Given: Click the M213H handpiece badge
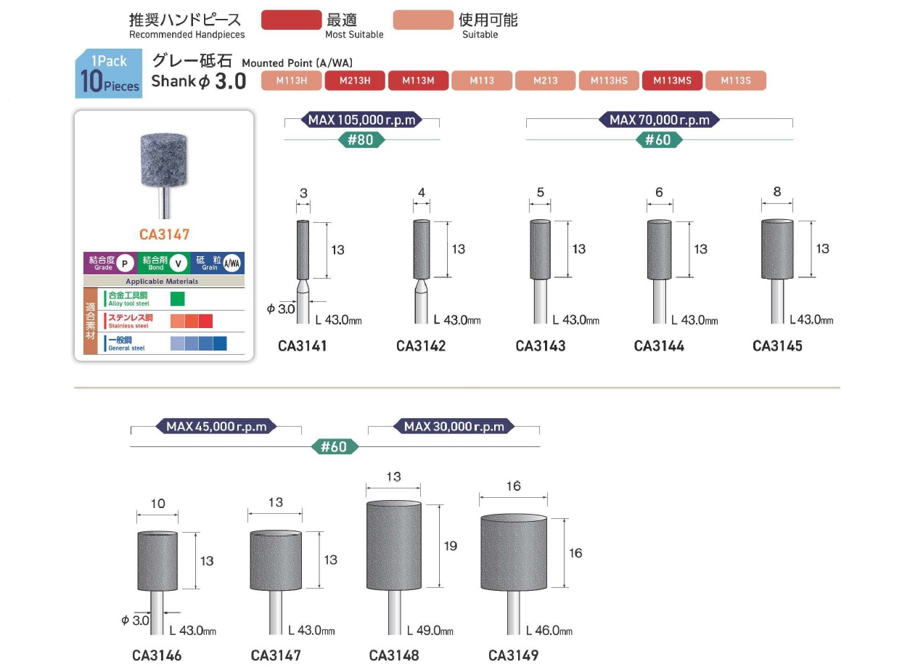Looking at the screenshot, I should pyautogui.click(x=355, y=81).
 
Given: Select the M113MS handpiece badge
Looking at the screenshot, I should pyautogui.click(x=672, y=81).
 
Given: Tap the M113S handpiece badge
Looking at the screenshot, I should pyautogui.click(x=735, y=81).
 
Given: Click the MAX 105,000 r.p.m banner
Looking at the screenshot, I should pyautogui.click(x=361, y=120).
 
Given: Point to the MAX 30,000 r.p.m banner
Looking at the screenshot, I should pyautogui.click(x=454, y=426).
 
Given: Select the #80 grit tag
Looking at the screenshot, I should pyautogui.click(x=361, y=139).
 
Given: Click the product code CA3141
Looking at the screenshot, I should pyautogui.click(x=303, y=346).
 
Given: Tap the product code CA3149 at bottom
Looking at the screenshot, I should pyautogui.click(x=513, y=655).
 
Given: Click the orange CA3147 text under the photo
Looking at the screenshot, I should pyautogui.click(x=164, y=235).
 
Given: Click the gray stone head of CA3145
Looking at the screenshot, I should pyautogui.click(x=777, y=248).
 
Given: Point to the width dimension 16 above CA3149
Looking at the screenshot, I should pyautogui.click(x=513, y=486).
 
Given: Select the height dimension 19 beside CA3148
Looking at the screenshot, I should pyautogui.click(x=451, y=545).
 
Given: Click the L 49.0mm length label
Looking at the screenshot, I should pyautogui.click(x=430, y=631).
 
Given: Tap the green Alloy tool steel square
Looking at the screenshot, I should pyautogui.click(x=178, y=298).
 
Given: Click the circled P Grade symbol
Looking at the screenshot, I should pyautogui.click(x=125, y=263).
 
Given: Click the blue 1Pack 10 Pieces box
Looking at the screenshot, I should pyautogui.click(x=108, y=74).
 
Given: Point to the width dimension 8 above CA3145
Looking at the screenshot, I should pyautogui.click(x=777, y=192).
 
